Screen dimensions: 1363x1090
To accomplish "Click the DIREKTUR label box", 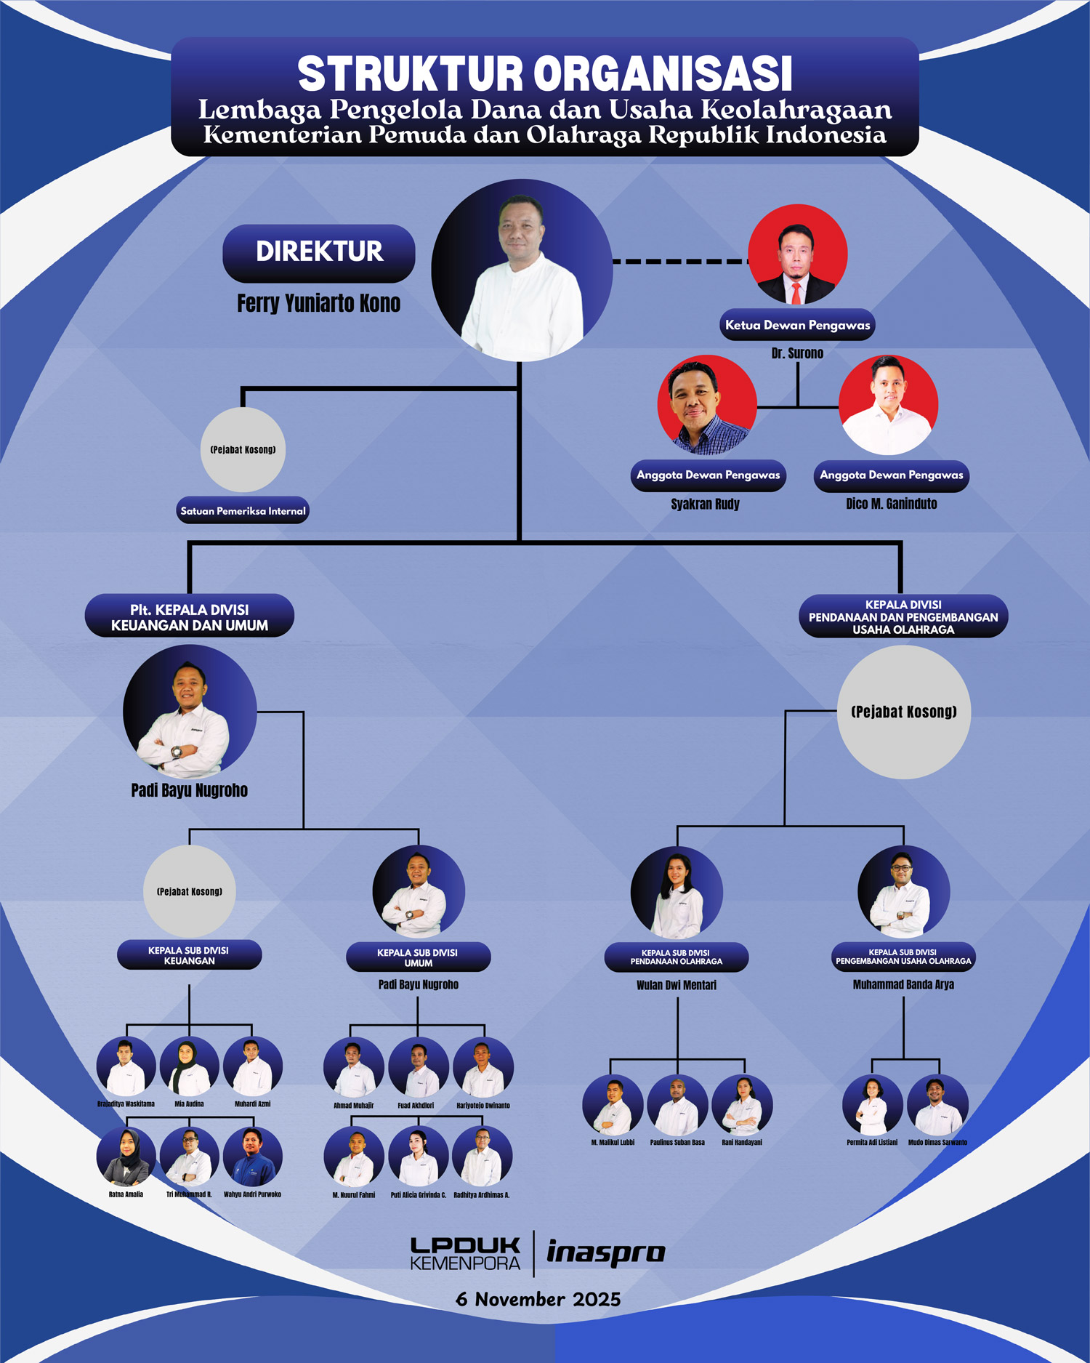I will pyautogui.click(x=318, y=252).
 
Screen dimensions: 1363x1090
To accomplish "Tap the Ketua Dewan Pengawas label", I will pyautogui.click(x=797, y=325).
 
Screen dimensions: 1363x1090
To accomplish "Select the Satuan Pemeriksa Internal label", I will pyautogui.click(x=243, y=510).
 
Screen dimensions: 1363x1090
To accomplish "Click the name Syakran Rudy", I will pyautogui.click(x=705, y=504).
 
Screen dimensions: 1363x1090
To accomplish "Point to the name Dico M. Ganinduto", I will pyautogui.click(x=891, y=504).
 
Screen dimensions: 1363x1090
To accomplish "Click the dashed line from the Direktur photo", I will pyautogui.click(x=679, y=261).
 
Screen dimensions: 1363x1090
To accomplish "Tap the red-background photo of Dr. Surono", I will pyautogui.click(x=797, y=254).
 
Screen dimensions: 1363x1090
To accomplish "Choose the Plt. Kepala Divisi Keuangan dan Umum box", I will pyautogui.click(x=189, y=617).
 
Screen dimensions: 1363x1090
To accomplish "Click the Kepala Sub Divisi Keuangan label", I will pyautogui.click(x=189, y=955).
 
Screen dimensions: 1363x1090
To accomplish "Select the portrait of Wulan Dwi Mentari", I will pyautogui.click(x=677, y=893).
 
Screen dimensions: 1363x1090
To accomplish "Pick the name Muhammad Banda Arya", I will pyautogui.click(x=903, y=985).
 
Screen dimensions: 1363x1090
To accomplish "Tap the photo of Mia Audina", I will pyautogui.click(x=189, y=1066).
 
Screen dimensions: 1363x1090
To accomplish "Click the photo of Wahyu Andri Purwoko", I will pyautogui.click(x=252, y=1157).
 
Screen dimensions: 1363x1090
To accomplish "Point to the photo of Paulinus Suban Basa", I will pyautogui.click(x=677, y=1105).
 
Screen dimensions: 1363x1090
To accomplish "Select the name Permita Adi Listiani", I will pyautogui.click(x=872, y=1143).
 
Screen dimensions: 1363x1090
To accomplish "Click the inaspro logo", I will pyautogui.click(x=605, y=1253).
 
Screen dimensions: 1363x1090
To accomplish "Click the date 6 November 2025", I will pyautogui.click(x=538, y=1299).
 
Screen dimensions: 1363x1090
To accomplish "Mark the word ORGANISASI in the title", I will pyautogui.click(x=663, y=74).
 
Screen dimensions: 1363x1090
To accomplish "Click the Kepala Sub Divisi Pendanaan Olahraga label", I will pyautogui.click(x=677, y=957).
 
